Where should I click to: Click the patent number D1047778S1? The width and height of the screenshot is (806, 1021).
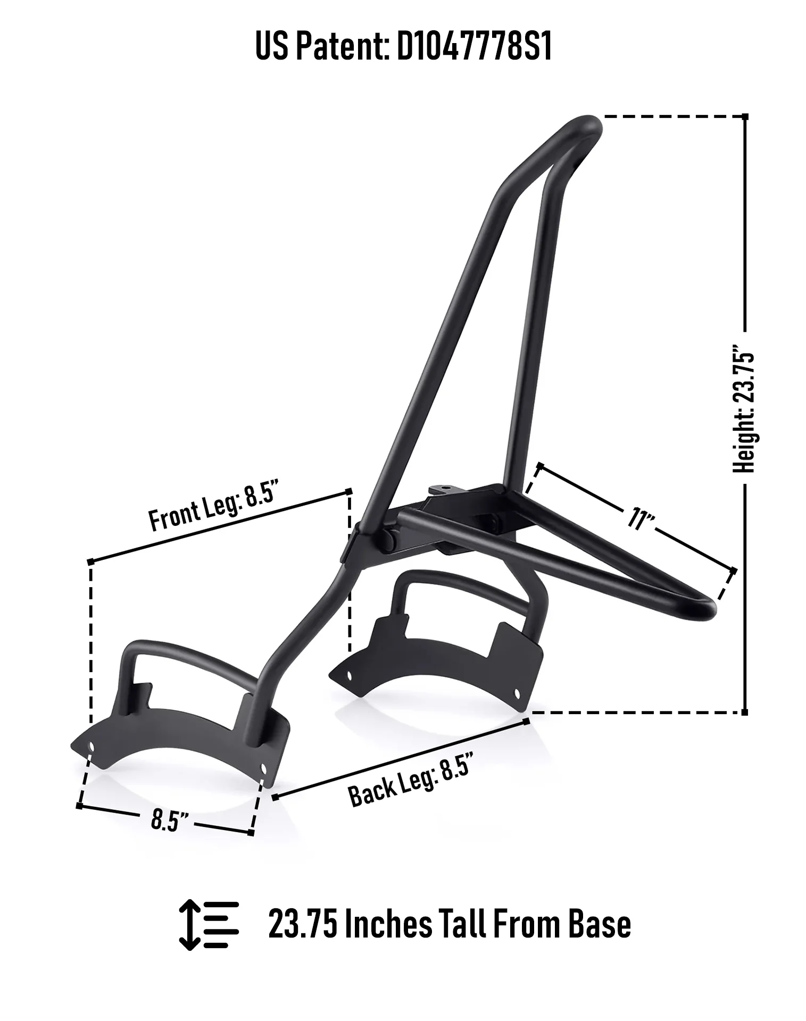pyautogui.click(x=474, y=46)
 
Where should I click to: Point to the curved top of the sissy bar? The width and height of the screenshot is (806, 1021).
pyautogui.click(x=585, y=125)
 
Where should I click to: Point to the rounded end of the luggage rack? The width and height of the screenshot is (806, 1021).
pyautogui.click(x=710, y=609)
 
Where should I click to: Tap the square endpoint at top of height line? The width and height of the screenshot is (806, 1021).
pyautogui.click(x=745, y=116)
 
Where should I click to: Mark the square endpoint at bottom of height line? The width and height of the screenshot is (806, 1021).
pyautogui.click(x=744, y=712)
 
